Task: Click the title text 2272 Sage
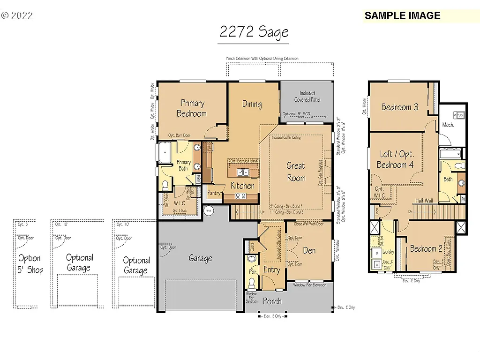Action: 254,32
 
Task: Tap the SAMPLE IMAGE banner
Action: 403,15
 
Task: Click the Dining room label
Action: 252,104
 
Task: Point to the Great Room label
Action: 296,172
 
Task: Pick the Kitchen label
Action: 242,186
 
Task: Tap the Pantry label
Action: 214,193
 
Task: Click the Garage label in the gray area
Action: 200,258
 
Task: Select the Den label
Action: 309,251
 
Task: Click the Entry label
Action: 271,270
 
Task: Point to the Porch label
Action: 272,301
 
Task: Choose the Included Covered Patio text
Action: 307,96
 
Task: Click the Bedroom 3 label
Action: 399,107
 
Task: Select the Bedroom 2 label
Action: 426,249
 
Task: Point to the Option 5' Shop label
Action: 29,264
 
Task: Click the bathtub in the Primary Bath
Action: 165,153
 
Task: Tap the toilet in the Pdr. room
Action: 252,282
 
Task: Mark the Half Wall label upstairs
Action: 423,201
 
